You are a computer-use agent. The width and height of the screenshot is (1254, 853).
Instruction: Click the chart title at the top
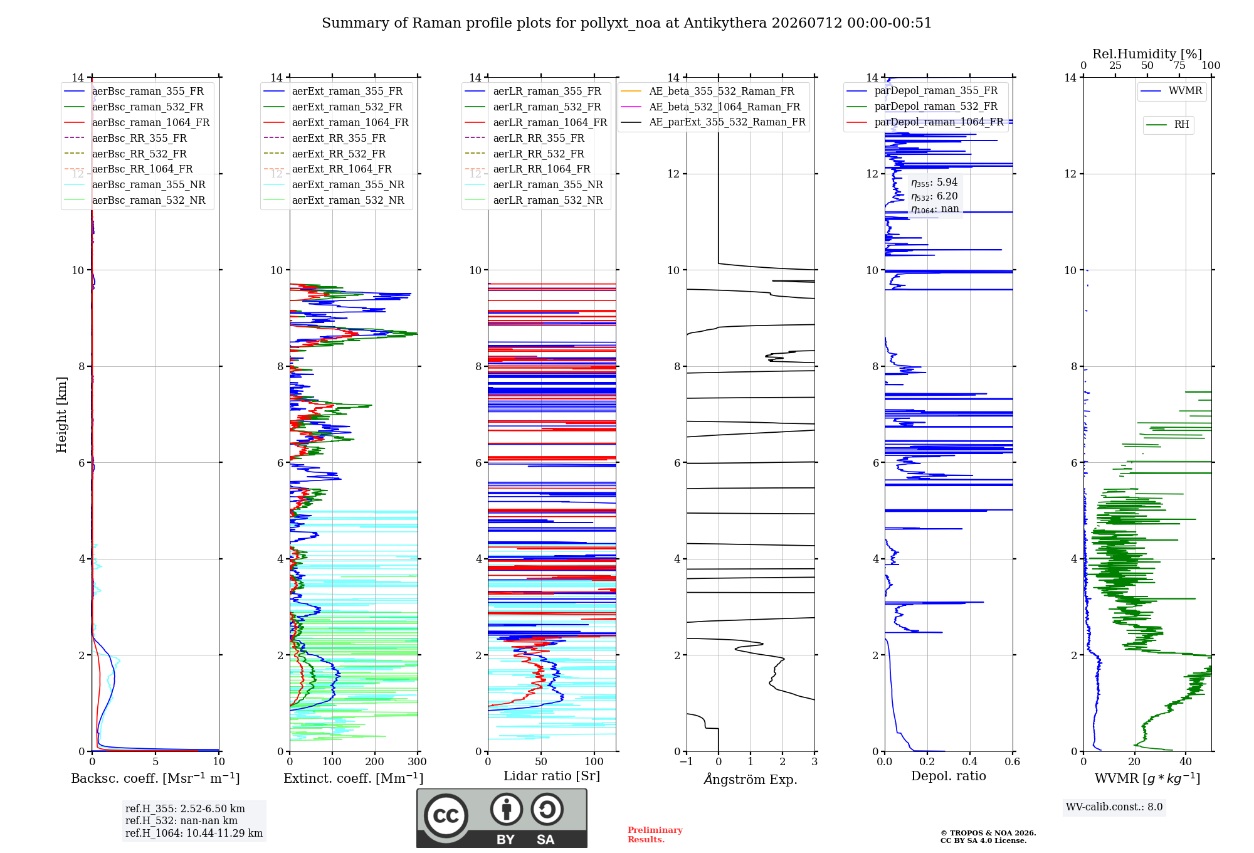626,23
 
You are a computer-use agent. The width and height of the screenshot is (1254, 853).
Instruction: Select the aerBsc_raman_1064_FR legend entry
137,122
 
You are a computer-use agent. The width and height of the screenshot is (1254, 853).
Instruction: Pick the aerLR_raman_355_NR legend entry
534,184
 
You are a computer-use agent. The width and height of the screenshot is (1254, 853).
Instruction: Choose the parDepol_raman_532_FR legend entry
922,107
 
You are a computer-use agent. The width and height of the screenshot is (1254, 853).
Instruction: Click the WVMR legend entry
1171,91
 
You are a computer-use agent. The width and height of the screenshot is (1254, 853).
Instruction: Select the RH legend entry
1167,125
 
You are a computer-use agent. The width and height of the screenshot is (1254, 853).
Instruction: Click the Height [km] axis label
61,415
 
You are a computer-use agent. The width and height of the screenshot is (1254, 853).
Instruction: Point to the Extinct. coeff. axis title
354,778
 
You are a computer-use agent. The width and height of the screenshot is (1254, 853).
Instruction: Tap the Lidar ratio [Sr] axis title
552,776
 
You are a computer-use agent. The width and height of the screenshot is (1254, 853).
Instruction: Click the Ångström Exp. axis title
751,779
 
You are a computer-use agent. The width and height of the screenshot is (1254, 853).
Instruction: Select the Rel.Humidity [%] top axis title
1147,54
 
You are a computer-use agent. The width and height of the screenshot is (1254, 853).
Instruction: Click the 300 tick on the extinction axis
417,761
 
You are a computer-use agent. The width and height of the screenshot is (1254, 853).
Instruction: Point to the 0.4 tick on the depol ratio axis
970,761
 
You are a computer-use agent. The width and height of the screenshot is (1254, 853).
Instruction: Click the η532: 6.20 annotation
934,196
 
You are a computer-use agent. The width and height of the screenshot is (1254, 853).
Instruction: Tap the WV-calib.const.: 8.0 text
1114,807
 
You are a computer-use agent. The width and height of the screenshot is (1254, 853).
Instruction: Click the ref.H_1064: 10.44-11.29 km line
194,833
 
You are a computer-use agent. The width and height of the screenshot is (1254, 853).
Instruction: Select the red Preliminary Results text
655,835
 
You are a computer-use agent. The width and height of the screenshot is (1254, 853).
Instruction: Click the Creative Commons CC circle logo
446,815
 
